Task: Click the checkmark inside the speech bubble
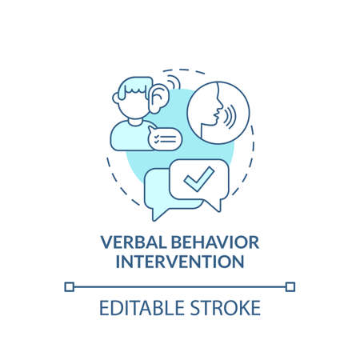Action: pos(195,180)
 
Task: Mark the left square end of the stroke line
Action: pos(70,286)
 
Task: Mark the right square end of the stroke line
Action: pos(290,286)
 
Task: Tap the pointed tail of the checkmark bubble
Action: pos(217,208)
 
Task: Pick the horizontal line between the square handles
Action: pos(180,286)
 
